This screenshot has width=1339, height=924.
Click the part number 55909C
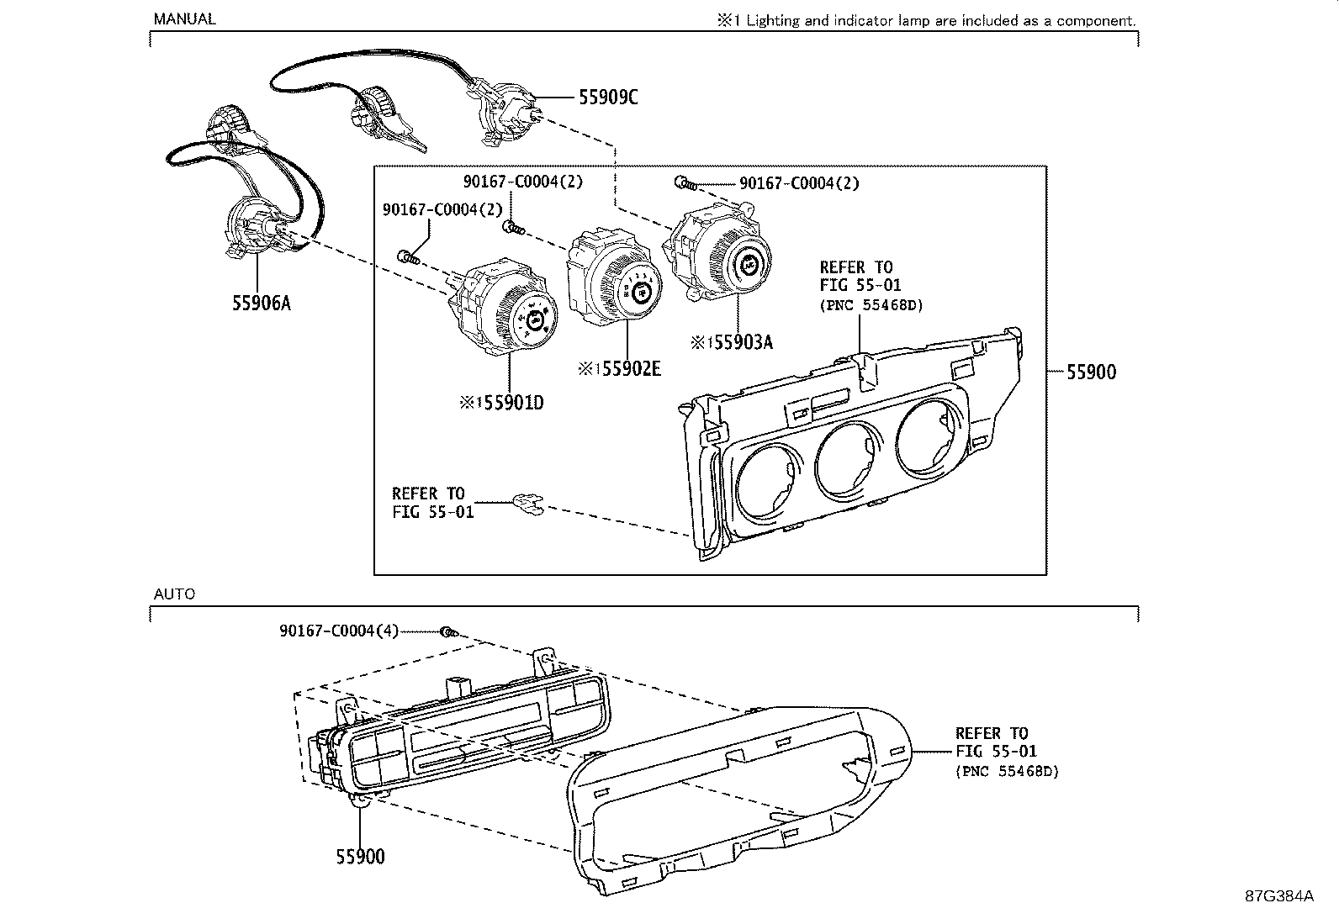tap(608, 98)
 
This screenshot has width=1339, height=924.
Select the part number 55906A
tap(261, 303)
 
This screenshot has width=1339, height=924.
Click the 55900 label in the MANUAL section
tap(1091, 372)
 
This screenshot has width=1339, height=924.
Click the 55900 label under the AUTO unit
tap(360, 857)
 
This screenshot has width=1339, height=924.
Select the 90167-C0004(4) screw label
tap(339, 631)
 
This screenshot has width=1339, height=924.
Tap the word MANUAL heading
tap(183, 18)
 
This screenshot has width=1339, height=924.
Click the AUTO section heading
tap(174, 594)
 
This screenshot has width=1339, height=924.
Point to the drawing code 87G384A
tap(1278, 895)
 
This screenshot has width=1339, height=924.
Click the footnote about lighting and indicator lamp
tap(925, 21)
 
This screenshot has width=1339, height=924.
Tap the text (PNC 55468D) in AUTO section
tap(1007, 770)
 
